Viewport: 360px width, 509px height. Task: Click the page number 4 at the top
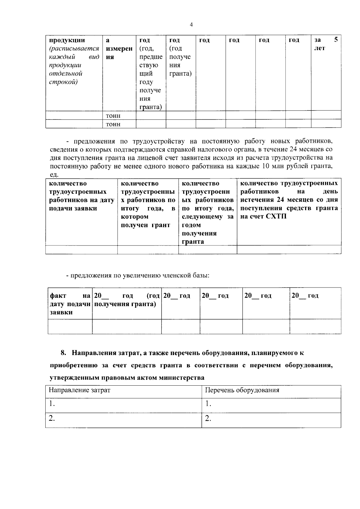click(x=191, y=25)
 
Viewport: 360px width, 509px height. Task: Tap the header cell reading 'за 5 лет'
click(x=326, y=44)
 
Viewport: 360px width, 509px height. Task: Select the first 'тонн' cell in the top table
click(x=113, y=116)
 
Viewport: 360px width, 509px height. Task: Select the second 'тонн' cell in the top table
click(x=113, y=124)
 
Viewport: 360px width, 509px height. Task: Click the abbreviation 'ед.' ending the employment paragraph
click(x=54, y=174)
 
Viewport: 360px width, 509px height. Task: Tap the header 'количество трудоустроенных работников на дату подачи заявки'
click(x=81, y=196)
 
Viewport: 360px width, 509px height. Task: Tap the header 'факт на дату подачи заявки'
click(x=70, y=304)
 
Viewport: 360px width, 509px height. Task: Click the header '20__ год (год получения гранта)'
click(x=127, y=300)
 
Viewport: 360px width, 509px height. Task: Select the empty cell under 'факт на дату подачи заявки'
click(x=70, y=327)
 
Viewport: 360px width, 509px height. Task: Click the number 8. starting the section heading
click(x=63, y=353)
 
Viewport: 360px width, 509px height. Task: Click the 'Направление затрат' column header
click(x=79, y=390)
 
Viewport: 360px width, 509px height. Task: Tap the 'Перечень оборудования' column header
click(x=242, y=390)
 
